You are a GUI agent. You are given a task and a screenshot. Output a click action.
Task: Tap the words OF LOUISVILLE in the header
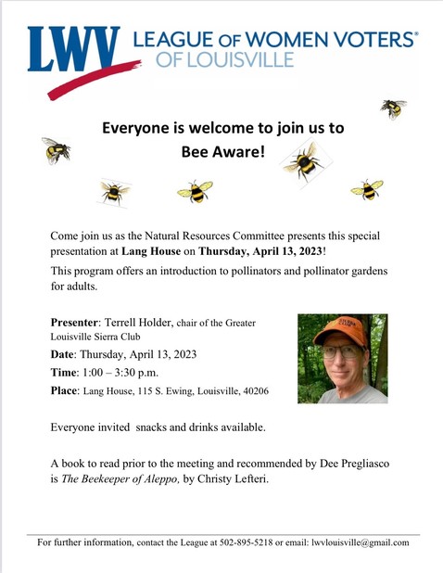[x=227, y=60]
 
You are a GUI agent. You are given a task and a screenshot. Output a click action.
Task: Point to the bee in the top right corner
[x=393, y=108]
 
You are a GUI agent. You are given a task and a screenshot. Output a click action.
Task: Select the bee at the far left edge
[x=56, y=150]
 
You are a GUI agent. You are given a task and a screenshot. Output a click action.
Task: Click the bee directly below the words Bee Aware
[x=195, y=191]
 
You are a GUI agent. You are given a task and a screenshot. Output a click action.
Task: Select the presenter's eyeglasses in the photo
[x=341, y=350]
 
